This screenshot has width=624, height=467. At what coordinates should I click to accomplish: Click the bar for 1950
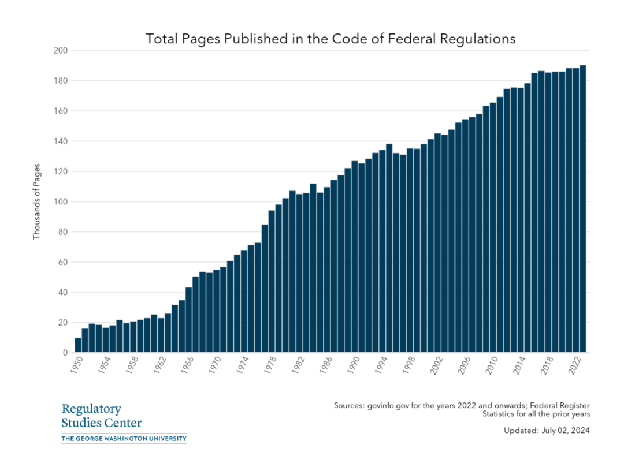(x=78, y=345)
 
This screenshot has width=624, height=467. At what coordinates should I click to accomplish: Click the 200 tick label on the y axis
(x=60, y=51)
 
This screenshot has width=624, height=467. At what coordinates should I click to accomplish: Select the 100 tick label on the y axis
(x=60, y=201)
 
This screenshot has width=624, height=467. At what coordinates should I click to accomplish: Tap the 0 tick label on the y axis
(x=64, y=353)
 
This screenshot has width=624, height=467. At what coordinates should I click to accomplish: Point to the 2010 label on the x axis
(x=492, y=368)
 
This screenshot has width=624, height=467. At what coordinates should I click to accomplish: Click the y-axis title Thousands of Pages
(x=37, y=201)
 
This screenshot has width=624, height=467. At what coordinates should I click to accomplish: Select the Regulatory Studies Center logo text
(x=102, y=416)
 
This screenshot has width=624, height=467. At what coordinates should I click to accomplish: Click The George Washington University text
(x=124, y=439)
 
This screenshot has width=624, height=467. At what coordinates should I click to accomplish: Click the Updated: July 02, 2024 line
(x=546, y=431)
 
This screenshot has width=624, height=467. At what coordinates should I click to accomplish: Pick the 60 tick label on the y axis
(x=62, y=262)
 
